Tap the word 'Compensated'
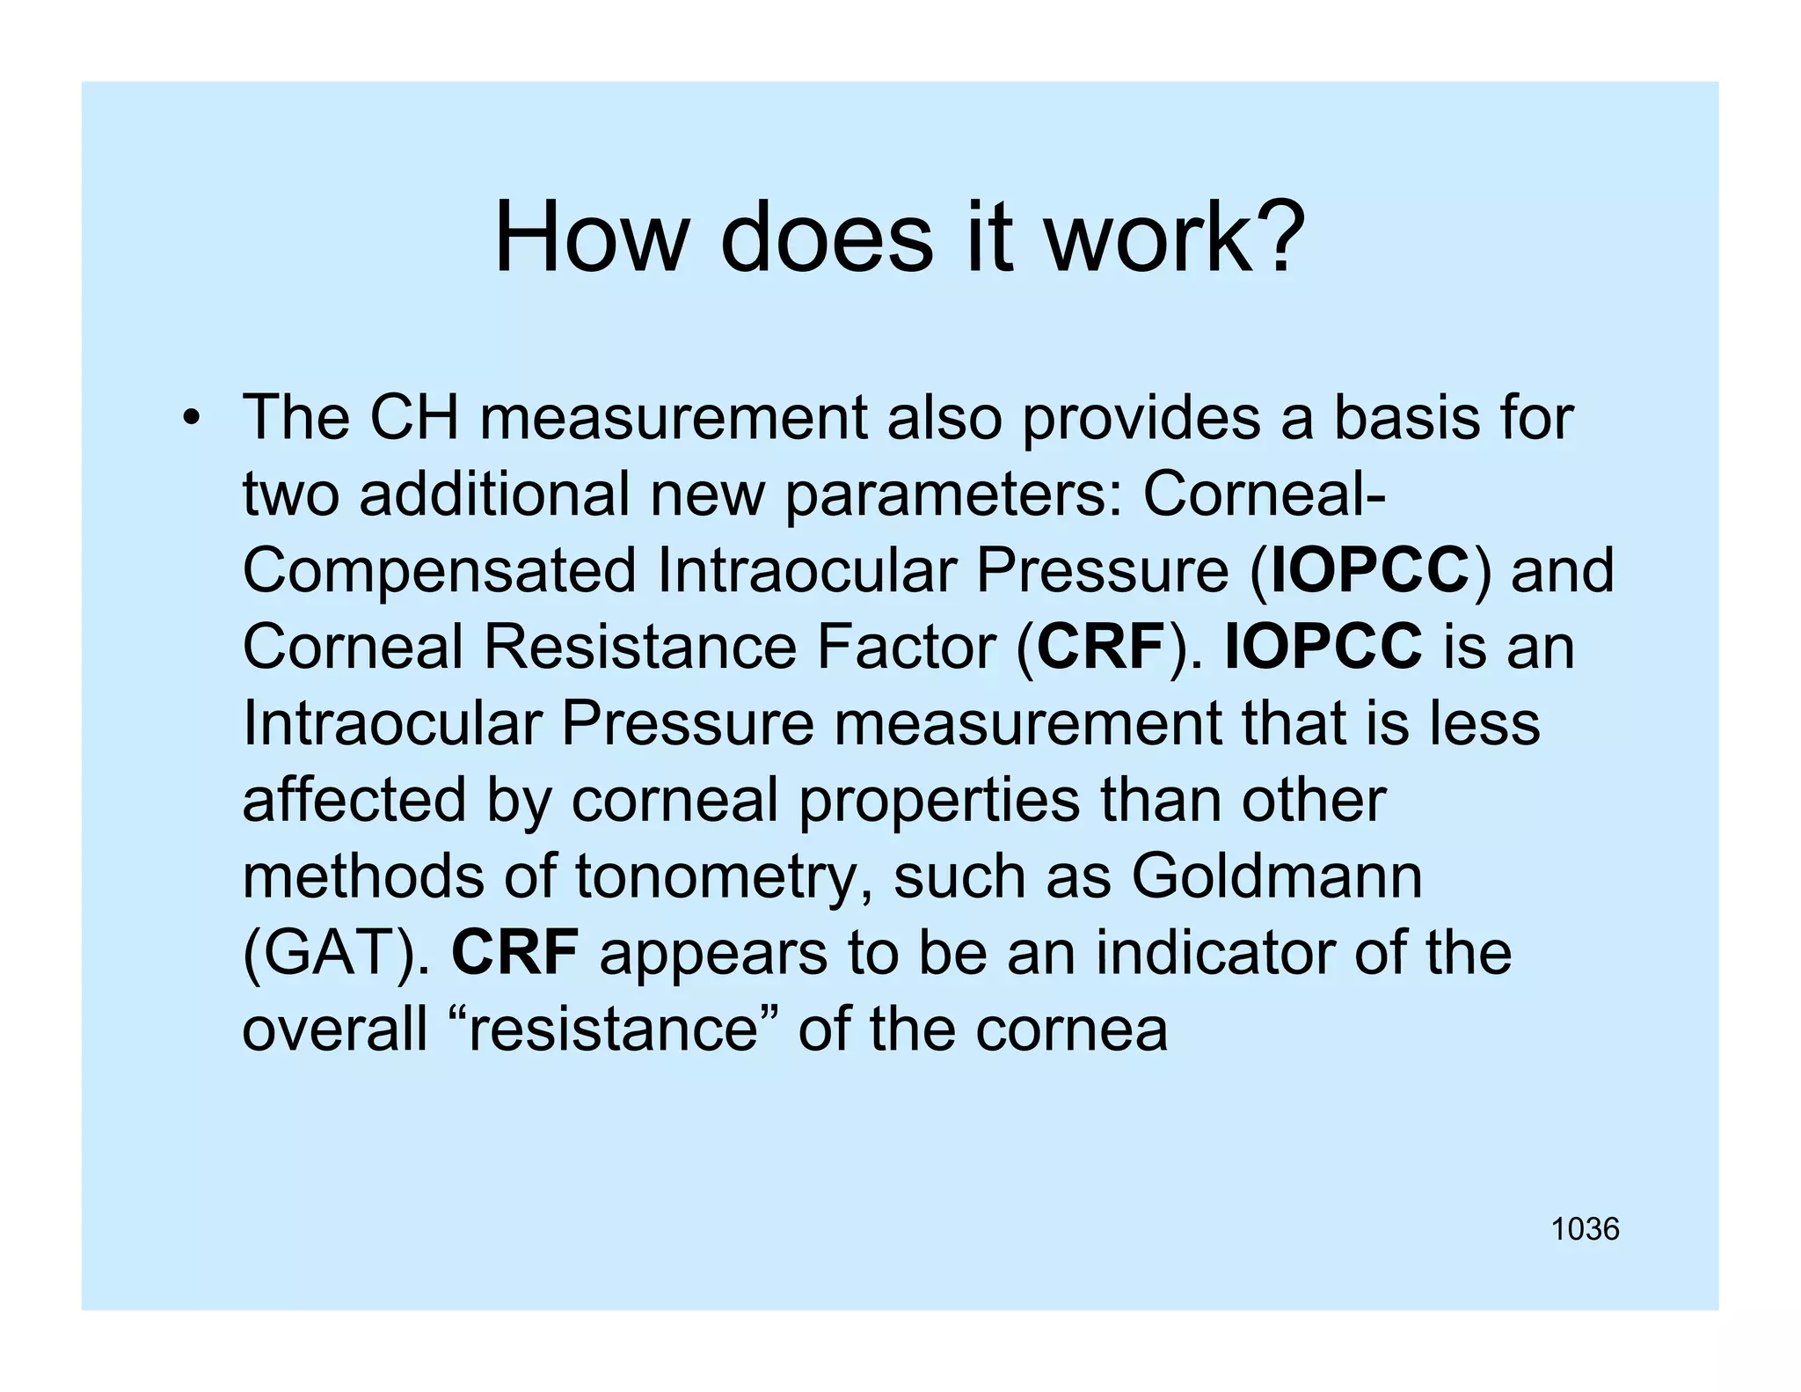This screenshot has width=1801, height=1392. click(439, 571)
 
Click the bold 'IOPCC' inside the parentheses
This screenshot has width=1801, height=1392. click(1370, 571)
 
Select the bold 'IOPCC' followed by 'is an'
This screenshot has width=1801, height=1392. click(1323, 648)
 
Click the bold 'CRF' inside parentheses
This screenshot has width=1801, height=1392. click(1100, 648)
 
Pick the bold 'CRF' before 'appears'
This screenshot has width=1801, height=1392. click(514, 953)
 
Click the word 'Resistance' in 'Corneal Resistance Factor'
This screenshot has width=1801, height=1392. click(639, 648)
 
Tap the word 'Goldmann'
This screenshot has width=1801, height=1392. click(1276, 876)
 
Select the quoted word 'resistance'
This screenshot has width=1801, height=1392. click(613, 1029)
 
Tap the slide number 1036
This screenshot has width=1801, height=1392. click(1585, 1229)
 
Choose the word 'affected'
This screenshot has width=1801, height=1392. click(354, 801)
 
